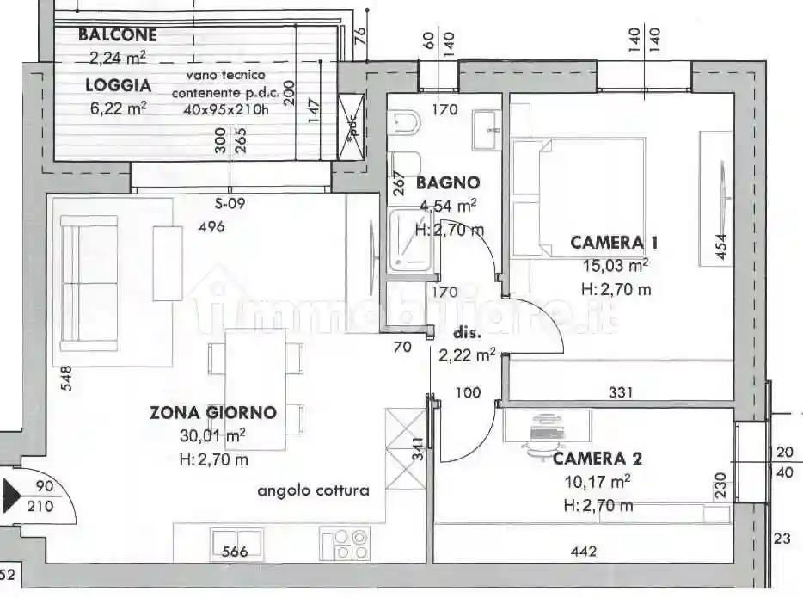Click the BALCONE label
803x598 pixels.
click(x=118, y=35)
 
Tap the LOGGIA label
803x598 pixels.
click(x=118, y=85)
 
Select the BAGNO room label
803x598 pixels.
click(x=447, y=182)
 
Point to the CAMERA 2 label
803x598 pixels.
click(x=598, y=459)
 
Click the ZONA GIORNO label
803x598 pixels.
click(x=213, y=412)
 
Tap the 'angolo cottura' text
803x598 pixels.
click(x=313, y=490)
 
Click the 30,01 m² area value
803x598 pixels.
click(x=213, y=435)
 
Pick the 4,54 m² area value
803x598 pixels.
click(x=448, y=206)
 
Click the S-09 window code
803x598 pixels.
click(x=230, y=204)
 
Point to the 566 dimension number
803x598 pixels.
click(x=236, y=552)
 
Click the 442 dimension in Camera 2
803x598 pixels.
click(x=583, y=552)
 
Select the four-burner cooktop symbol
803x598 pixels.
click(x=347, y=542)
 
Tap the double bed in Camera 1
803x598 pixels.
click(x=579, y=199)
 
